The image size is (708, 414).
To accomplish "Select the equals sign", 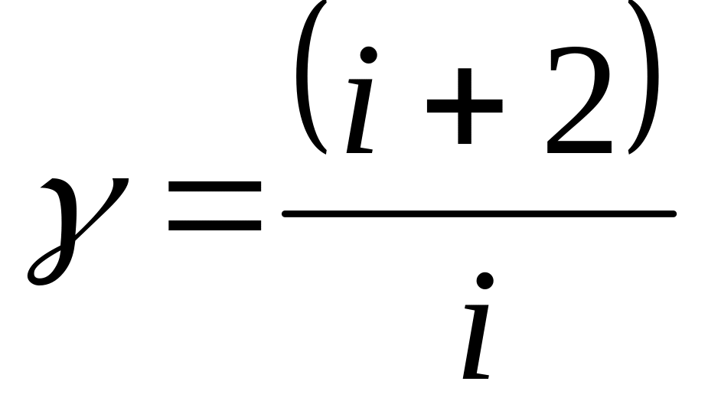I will pos(214,206).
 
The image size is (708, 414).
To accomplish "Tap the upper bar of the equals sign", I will pos(214,187).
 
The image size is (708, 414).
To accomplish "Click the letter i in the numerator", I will pos(361,103).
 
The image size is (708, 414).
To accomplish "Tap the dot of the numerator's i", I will pos(369,55).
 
